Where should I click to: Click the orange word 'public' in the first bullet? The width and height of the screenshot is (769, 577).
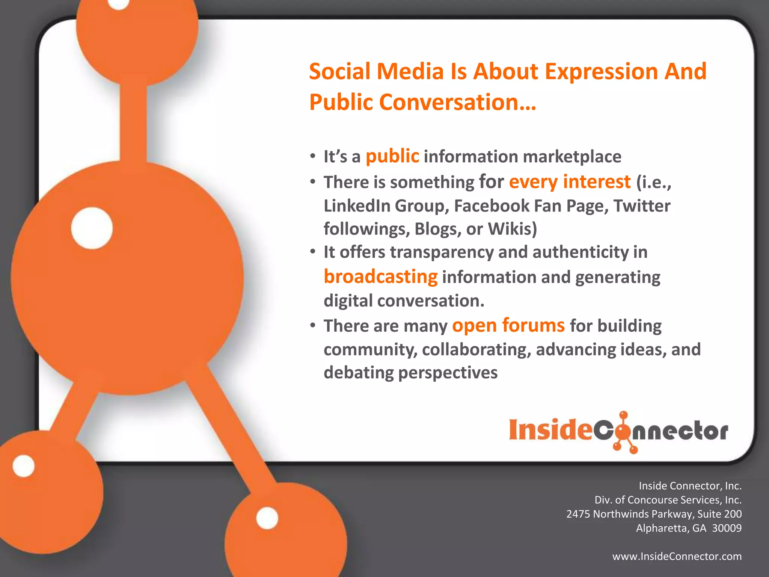coord(392,157)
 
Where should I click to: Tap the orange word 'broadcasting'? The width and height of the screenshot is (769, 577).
coord(380,277)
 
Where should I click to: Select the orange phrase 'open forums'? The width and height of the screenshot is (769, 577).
coord(508,325)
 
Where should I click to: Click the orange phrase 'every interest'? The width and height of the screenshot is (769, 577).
coord(570,182)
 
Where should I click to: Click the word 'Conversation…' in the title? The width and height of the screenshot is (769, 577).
coord(457,102)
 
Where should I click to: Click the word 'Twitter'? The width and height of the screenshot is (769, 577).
coord(642,206)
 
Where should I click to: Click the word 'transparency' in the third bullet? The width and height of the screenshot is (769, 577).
coord(442,252)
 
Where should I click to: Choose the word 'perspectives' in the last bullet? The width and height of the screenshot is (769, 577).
coord(448,373)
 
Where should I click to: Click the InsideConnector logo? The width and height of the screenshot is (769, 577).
coord(618,431)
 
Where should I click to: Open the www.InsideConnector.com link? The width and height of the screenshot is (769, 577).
coord(677,556)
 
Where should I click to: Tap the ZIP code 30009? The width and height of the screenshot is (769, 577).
coord(727,528)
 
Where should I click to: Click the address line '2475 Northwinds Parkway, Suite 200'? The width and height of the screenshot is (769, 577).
coord(654,514)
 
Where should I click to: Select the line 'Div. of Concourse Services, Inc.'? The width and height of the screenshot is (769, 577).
coord(668,500)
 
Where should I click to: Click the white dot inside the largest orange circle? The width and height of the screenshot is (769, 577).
coord(92,228)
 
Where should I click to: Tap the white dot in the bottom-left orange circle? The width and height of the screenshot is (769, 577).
coord(23,466)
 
